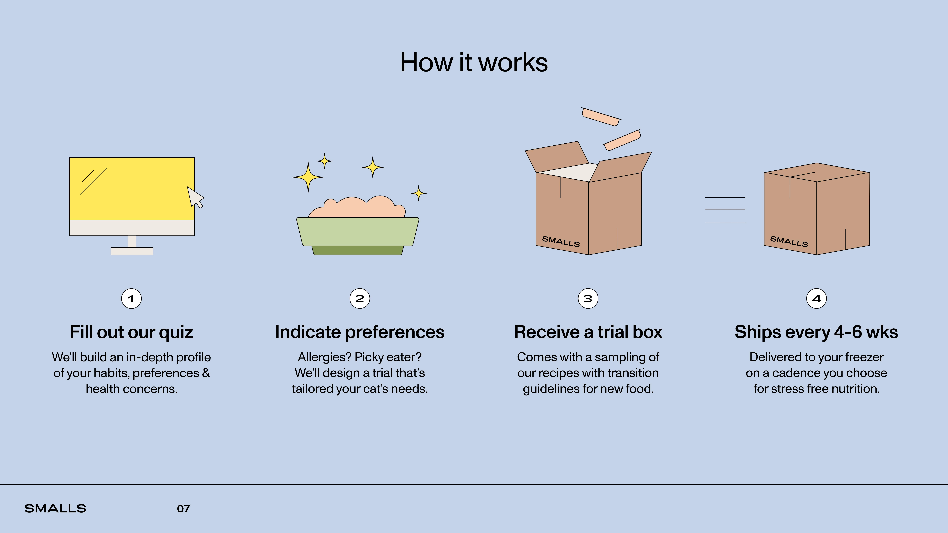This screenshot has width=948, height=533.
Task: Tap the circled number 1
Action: (x=131, y=299)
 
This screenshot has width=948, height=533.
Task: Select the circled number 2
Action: (x=360, y=299)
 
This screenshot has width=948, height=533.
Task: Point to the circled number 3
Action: (x=588, y=299)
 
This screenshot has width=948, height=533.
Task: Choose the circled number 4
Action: (x=816, y=299)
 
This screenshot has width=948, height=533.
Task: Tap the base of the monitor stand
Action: (x=132, y=251)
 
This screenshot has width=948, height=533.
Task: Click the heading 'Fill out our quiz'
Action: (x=131, y=332)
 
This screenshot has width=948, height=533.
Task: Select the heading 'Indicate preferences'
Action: (x=360, y=332)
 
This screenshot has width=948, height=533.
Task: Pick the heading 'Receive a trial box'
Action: (x=588, y=332)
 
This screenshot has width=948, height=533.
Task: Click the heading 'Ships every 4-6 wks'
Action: (x=816, y=332)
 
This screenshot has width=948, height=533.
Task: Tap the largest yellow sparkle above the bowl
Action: (x=308, y=177)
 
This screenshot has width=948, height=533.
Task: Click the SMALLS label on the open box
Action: (x=561, y=241)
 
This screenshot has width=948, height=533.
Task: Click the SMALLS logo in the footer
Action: (x=55, y=509)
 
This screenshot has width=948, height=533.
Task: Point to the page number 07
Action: (x=183, y=509)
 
